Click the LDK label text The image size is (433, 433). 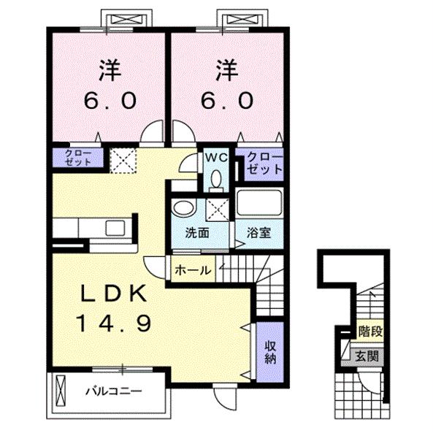point(113,294)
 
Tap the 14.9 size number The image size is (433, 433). point(114,323)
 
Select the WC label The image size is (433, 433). point(216,158)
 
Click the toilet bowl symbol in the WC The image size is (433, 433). point(216,178)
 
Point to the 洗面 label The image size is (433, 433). point(197,233)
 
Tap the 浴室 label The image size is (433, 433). point(258,233)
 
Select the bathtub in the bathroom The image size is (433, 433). point(259,202)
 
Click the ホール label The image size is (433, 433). point(193,269)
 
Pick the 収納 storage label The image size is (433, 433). point(270,352)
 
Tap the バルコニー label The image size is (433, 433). point(113,391)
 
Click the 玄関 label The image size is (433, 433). point(367,356)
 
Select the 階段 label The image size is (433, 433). point(370,331)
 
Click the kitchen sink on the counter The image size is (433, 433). point(115,228)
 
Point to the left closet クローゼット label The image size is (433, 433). point(78,158)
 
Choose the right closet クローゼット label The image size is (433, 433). point(264,164)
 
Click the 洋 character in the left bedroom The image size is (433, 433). point(110,70)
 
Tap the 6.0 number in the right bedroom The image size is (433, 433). point(226,101)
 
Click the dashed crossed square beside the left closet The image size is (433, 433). point(123,161)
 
